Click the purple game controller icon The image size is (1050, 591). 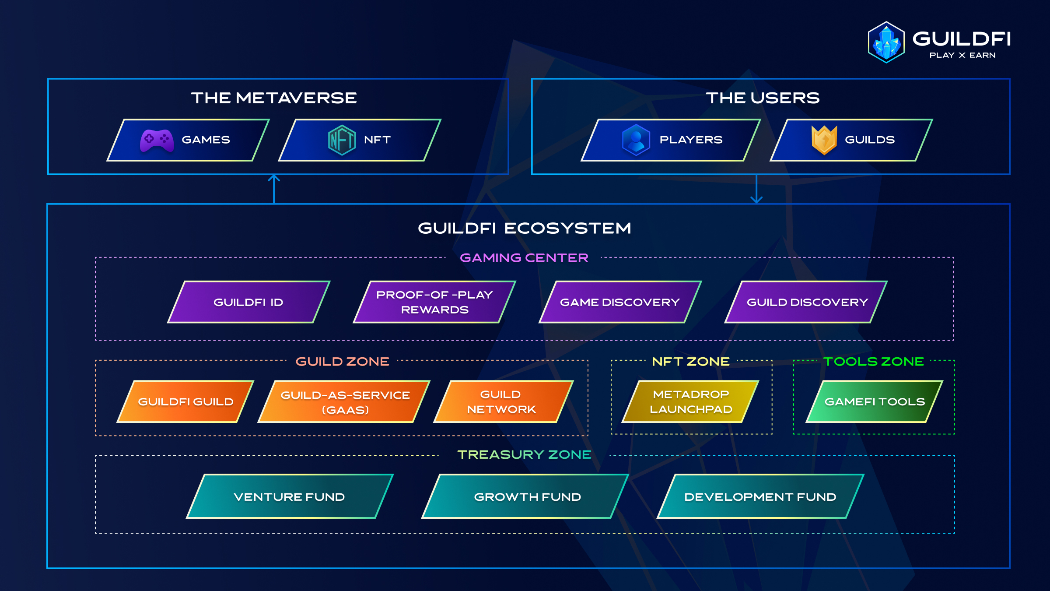click(157, 141)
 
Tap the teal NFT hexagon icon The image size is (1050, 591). click(342, 140)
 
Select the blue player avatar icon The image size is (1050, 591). click(636, 140)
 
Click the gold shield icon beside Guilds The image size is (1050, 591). click(824, 140)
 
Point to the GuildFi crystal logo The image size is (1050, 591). click(886, 42)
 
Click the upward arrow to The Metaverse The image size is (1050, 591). click(274, 189)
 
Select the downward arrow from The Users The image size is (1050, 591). click(756, 189)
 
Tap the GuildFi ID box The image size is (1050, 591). click(249, 302)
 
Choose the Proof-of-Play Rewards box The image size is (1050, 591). click(434, 302)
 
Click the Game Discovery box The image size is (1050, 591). click(620, 302)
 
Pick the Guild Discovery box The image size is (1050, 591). click(806, 302)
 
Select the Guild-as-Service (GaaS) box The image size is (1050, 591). click(344, 401)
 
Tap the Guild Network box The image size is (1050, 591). click(504, 401)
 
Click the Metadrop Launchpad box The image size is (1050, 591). click(690, 401)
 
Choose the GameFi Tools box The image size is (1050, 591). click(875, 401)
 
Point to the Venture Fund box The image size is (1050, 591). click(290, 496)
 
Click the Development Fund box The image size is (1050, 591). click(761, 496)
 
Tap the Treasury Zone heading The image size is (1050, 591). click(524, 455)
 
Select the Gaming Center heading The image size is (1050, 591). click(524, 258)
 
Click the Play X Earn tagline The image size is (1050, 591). click(962, 55)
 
